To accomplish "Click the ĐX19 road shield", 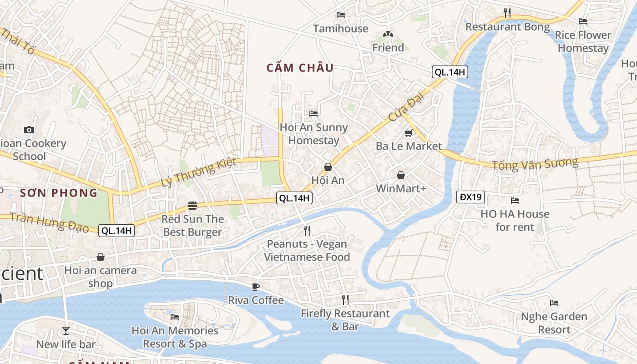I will pyautogui.click(x=470, y=197).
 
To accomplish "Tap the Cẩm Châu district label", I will pyautogui.click(x=300, y=68).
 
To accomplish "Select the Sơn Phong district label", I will pyautogui.click(x=59, y=192).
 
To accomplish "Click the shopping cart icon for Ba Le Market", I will pyautogui.click(x=408, y=133).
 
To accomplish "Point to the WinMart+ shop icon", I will pyautogui.click(x=401, y=175).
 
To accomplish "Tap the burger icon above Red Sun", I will pyautogui.click(x=192, y=206).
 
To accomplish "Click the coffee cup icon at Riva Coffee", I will pyautogui.click(x=256, y=287).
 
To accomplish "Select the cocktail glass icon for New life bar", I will pyautogui.click(x=66, y=331).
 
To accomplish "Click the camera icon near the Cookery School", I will pyautogui.click(x=29, y=130).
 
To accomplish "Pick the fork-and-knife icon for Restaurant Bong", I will pyautogui.click(x=507, y=13).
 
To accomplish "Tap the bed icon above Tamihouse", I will pyautogui.click(x=340, y=15).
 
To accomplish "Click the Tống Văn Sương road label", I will pyautogui.click(x=535, y=163).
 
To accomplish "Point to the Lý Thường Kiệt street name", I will pyautogui.click(x=199, y=172).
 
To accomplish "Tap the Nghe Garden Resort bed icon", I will pyautogui.click(x=554, y=303).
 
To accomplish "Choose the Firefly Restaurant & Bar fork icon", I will pyautogui.click(x=345, y=299).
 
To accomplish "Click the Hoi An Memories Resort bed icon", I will pyautogui.click(x=175, y=317).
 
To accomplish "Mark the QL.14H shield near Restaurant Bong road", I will pyautogui.click(x=450, y=72).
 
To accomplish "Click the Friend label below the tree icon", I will pyautogui.click(x=388, y=48).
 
